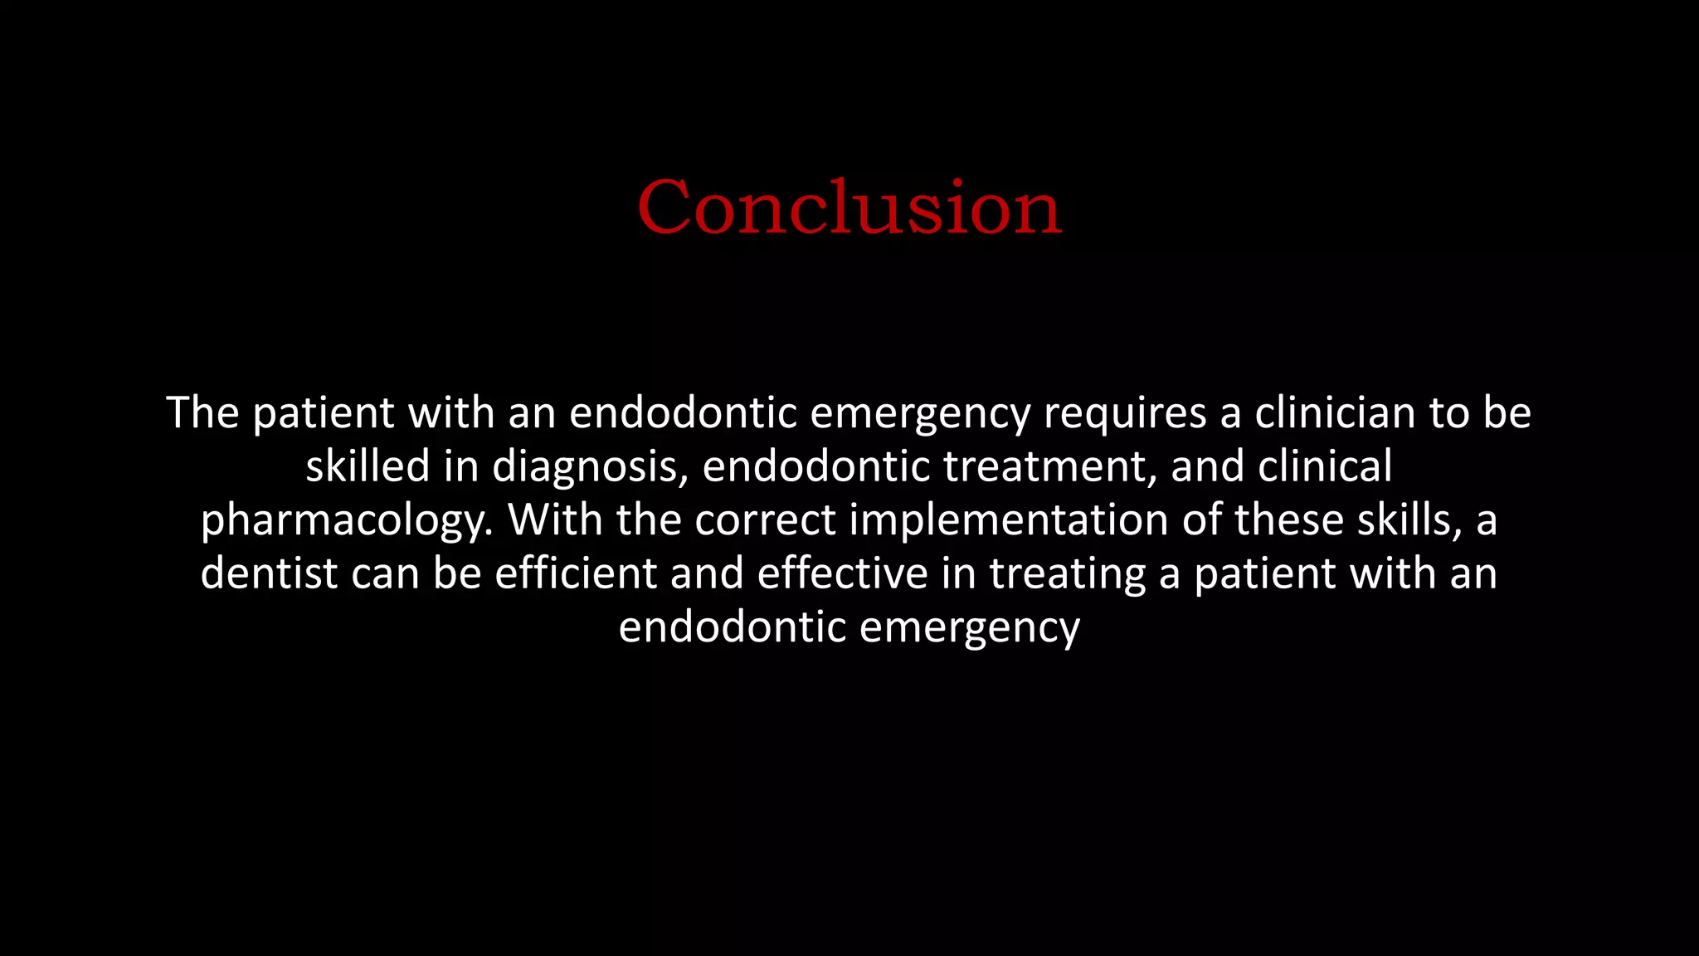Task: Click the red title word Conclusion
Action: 849,207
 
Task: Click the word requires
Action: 1124,413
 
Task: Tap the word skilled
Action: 368,466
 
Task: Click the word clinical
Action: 1325,466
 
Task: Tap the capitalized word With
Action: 555,519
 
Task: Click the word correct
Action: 765,521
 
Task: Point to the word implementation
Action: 1009,521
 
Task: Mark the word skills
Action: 1409,519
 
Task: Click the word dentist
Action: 269,573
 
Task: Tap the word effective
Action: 842,573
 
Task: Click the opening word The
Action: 202,413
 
